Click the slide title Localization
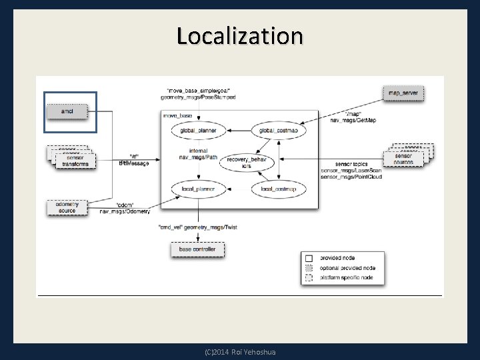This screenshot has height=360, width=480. click(239, 35)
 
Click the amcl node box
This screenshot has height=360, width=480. click(67, 111)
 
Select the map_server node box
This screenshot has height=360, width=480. click(403, 93)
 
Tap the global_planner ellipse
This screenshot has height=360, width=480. click(199, 131)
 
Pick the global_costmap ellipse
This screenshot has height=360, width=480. click(274, 131)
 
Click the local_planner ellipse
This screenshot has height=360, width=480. click(199, 190)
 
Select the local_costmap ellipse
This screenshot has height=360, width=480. click(274, 190)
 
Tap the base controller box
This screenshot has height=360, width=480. click(197, 249)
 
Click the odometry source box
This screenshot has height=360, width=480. click(67, 207)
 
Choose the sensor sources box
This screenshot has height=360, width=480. click(403, 159)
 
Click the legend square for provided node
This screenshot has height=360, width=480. click(308, 257)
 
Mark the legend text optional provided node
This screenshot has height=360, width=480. click(347, 268)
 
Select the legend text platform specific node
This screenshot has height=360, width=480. click(348, 278)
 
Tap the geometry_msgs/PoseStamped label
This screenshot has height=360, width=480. click(198, 98)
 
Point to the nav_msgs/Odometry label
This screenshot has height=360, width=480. click(125, 211)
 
